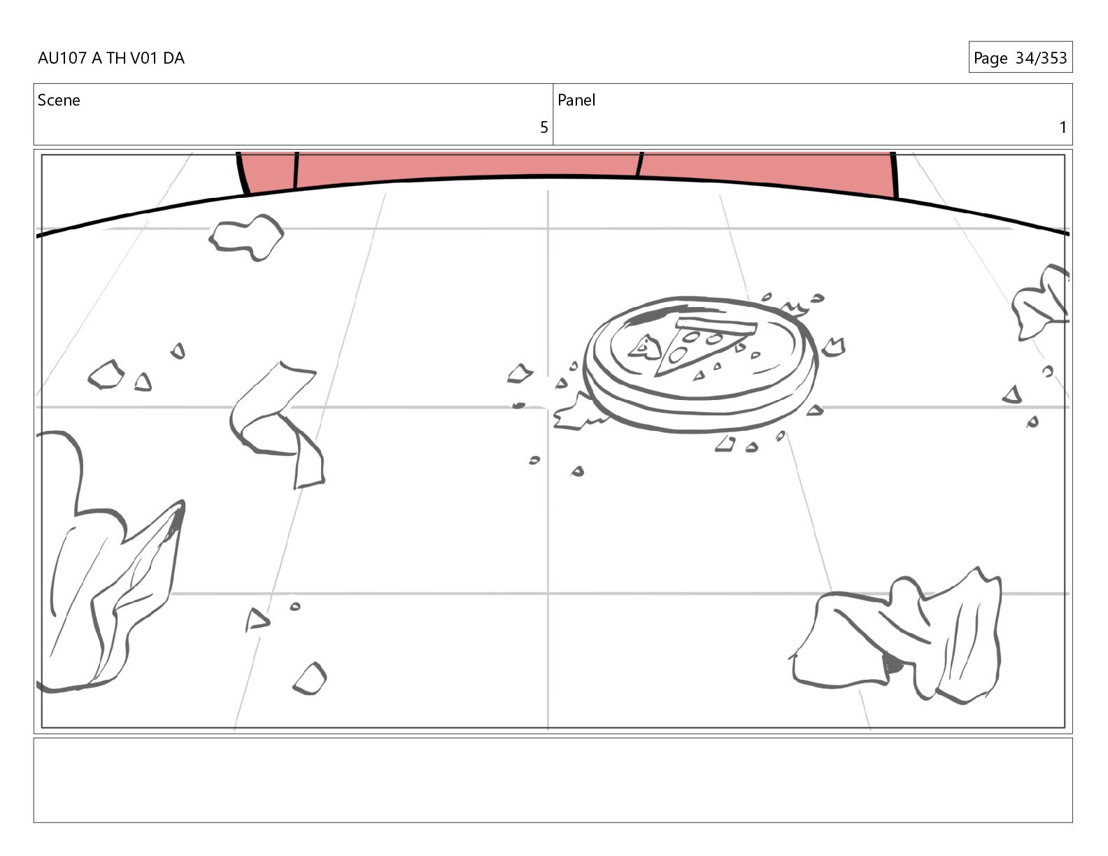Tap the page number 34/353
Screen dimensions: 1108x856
pyautogui.click(x=1042, y=58)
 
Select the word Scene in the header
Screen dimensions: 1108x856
pyautogui.click(x=59, y=100)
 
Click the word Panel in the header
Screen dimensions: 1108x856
pyautogui.click(x=576, y=100)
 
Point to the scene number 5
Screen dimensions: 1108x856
pyautogui.click(x=544, y=127)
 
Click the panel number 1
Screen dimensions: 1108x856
pyautogui.click(x=1063, y=127)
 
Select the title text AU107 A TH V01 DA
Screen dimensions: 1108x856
pyautogui.click(x=111, y=58)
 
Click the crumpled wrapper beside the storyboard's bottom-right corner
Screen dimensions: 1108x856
pyautogui.click(x=897, y=637)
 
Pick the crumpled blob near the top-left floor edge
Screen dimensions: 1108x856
pyautogui.click(x=246, y=238)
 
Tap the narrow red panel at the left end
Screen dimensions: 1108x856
pyautogui.click(x=267, y=172)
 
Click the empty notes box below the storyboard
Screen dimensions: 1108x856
pyautogui.click(x=553, y=780)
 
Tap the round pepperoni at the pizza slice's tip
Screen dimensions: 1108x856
pyautogui.click(x=677, y=355)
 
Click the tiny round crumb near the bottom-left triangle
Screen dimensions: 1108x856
pyautogui.click(x=294, y=606)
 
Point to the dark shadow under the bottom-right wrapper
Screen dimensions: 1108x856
pyautogui.click(x=891, y=664)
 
